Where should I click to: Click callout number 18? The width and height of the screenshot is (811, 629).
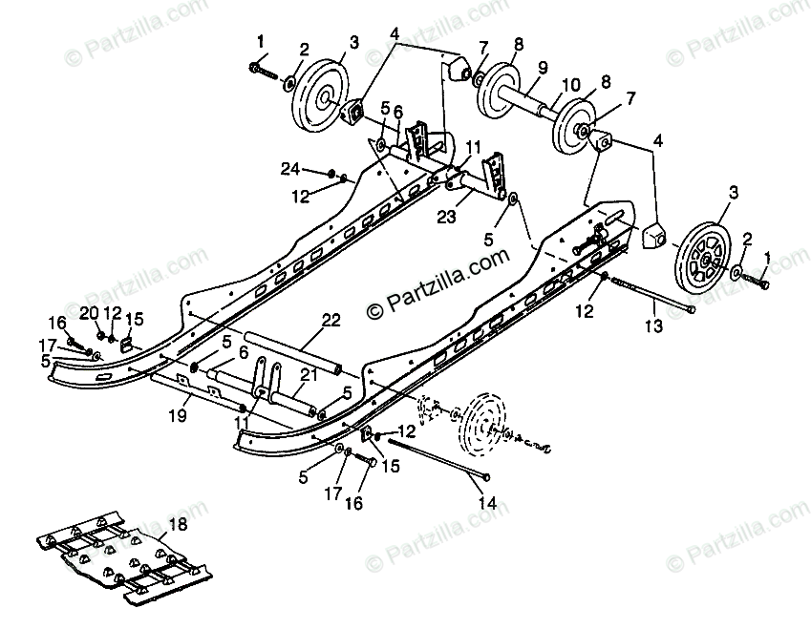(x=179, y=525)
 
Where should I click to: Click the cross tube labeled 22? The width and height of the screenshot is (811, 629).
(x=291, y=350)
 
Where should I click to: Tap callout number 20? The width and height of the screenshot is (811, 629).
(x=87, y=312)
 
